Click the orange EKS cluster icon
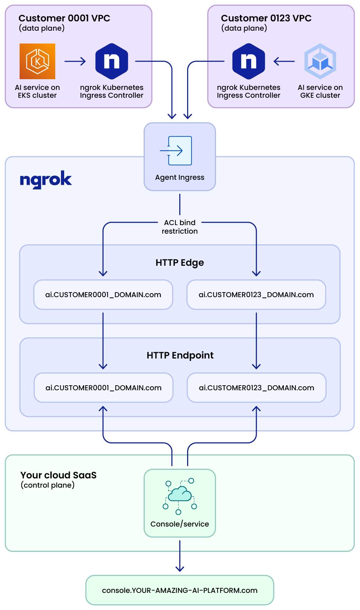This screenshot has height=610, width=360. [37, 61]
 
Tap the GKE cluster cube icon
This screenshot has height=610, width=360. [320, 61]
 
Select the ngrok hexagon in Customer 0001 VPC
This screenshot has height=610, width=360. [112, 61]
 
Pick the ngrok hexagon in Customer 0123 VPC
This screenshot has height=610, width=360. [248, 61]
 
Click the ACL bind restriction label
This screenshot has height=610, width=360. [180, 227]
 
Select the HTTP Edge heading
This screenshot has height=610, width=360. [180, 263]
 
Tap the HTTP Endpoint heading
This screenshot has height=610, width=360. [180, 355]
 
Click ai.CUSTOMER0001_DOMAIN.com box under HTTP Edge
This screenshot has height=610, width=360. [103, 295]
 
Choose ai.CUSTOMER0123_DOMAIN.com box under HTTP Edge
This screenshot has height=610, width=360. [256, 295]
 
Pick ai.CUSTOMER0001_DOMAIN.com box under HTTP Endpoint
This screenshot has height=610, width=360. [103, 388]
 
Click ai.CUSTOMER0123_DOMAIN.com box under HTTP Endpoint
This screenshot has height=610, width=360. [257, 388]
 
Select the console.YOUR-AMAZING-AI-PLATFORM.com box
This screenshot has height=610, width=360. [180, 590]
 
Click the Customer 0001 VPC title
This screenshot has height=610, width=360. [64, 18]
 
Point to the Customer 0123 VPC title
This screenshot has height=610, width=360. [266, 18]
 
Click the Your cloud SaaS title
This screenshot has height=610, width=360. [58, 475]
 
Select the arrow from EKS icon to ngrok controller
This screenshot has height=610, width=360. [75, 61]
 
